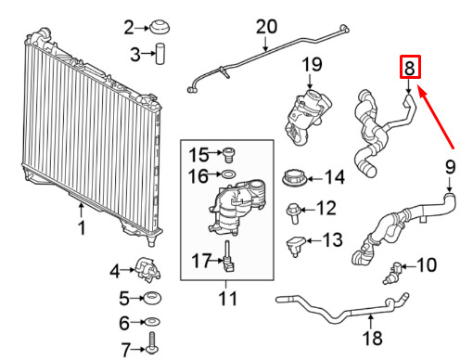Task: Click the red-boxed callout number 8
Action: pyautogui.click(x=410, y=68)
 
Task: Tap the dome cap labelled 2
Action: pyautogui.click(x=160, y=27)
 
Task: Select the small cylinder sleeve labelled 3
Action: pyautogui.click(x=160, y=54)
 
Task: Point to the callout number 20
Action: pyautogui.click(x=266, y=27)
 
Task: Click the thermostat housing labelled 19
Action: pyautogui.click(x=307, y=118)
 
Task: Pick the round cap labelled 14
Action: pyautogui.click(x=295, y=178)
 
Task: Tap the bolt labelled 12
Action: pyautogui.click(x=293, y=213)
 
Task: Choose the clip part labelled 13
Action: pyautogui.click(x=296, y=246)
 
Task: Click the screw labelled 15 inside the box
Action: pyautogui.click(x=229, y=155)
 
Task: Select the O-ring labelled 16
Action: pyautogui.click(x=229, y=174)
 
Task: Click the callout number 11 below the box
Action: pyautogui.click(x=228, y=299)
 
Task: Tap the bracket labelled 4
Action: pyautogui.click(x=147, y=269)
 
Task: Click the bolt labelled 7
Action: pyautogui.click(x=152, y=343)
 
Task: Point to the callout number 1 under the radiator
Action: pyautogui.click(x=82, y=228)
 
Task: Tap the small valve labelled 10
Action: pyautogui.click(x=392, y=272)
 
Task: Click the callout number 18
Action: pyautogui.click(x=373, y=338)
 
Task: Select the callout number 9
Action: pyautogui.click(x=450, y=167)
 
